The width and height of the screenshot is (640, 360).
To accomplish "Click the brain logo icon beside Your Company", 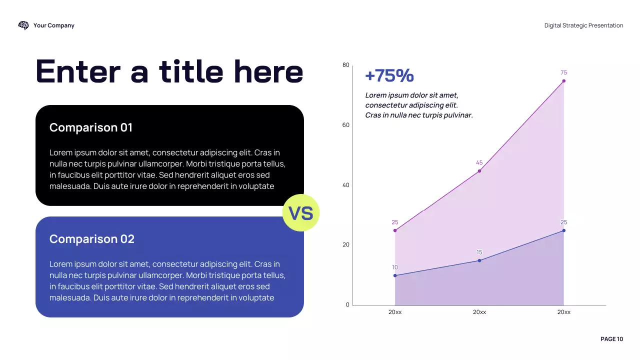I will (x=23, y=25).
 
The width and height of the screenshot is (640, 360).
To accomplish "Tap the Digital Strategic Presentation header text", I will (x=583, y=25).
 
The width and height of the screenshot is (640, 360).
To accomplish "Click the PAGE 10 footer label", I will (x=611, y=339).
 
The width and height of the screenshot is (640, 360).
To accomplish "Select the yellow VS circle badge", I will (x=301, y=213).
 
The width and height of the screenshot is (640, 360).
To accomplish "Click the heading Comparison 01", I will (x=91, y=127).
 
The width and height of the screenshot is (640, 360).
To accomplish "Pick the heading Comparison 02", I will (x=92, y=239).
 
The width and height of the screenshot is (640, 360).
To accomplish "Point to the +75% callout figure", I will (x=389, y=75).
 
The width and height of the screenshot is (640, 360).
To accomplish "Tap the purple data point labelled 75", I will (x=563, y=81).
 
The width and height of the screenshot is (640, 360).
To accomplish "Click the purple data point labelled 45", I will (x=479, y=171).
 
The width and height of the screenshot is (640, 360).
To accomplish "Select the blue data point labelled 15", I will (x=479, y=260).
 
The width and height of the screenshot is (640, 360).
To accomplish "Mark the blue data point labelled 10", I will (x=395, y=275).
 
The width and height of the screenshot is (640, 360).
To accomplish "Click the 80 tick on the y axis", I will (x=346, y=65).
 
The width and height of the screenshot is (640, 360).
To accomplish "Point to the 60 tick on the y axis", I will (x=346, y=125).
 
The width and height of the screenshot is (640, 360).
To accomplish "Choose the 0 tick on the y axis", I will (x=347, y=305).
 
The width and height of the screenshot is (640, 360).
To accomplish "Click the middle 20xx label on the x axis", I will (x=479, y=312).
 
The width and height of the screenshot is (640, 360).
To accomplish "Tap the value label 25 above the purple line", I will (x=395, y=222).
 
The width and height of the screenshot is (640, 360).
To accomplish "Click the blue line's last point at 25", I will (x=563, y=230).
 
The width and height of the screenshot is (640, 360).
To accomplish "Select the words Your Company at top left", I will (x=54, y=25).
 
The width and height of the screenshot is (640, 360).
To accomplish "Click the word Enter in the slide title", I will (x=78, y=71).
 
